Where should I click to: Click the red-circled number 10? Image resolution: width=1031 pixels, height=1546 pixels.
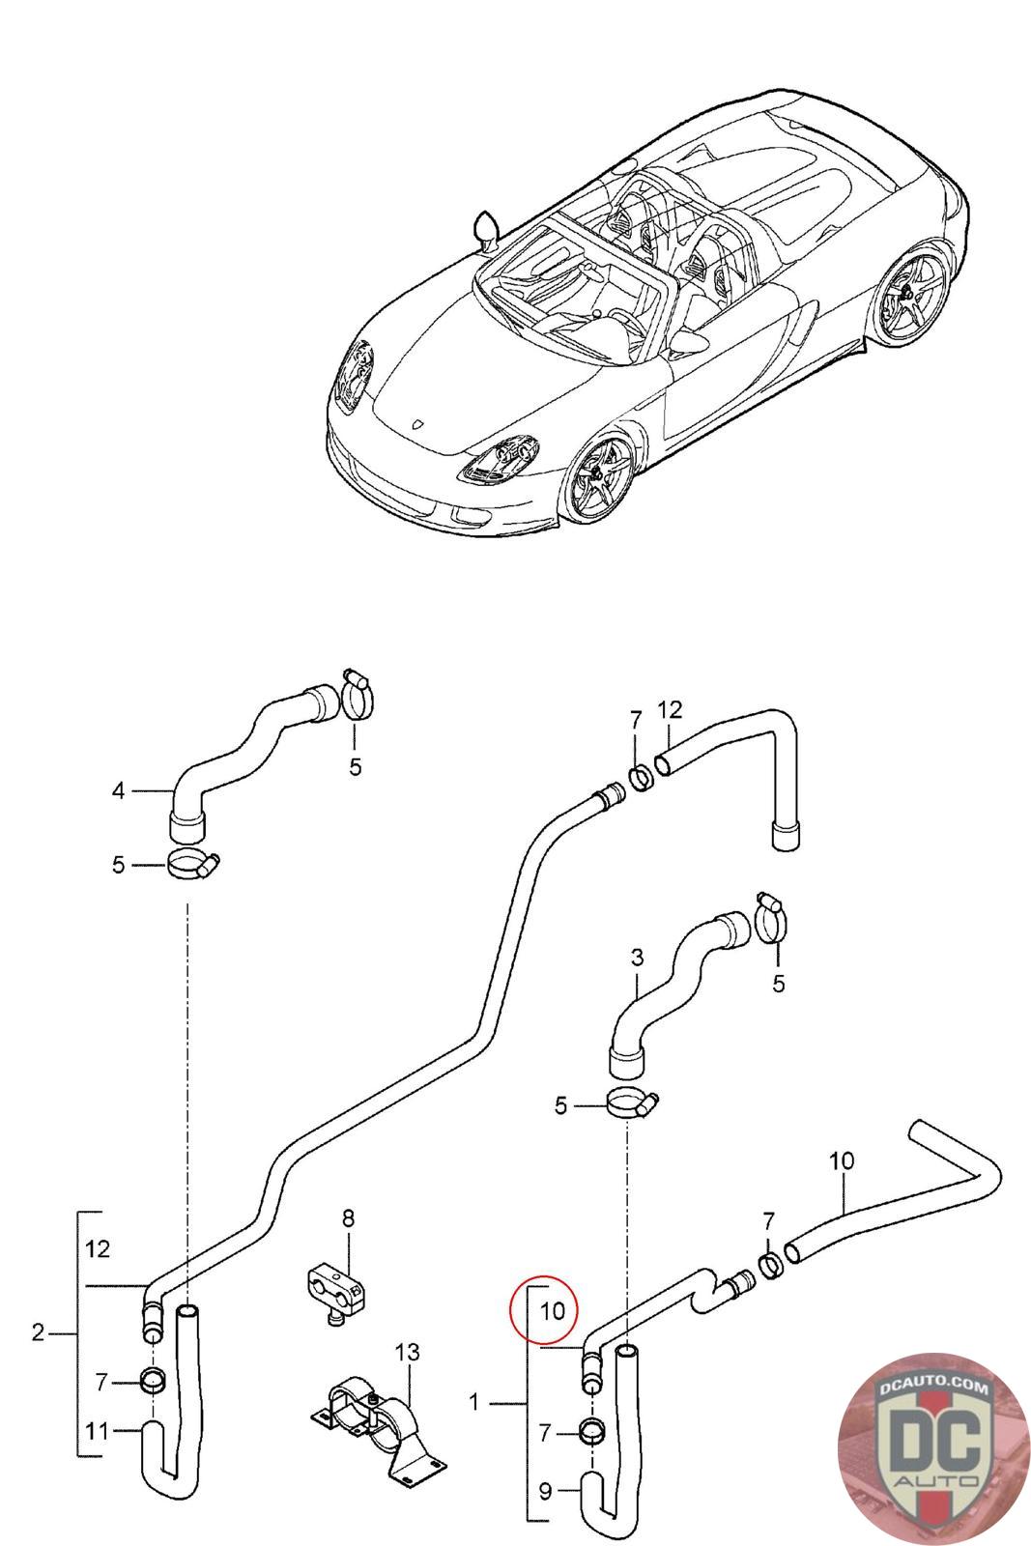(x=552, y=1311)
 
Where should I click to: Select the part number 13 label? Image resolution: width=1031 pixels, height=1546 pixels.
(x=408, y=1352)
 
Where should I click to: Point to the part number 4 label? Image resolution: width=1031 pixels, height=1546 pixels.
(x=118, y=791)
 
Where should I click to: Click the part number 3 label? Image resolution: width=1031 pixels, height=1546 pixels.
(x=637, y=958)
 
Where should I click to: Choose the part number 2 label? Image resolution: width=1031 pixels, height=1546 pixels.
(x=38, y=1333)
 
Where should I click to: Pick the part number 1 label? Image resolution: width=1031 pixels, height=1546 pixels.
(x=473, y=1401)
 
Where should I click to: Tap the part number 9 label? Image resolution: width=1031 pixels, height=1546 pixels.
(x=545, y=1492)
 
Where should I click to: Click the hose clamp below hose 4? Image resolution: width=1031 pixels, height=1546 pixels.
(x=193, y=864)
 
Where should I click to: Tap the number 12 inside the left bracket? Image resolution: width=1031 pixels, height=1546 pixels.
(x=97, y=1248)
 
